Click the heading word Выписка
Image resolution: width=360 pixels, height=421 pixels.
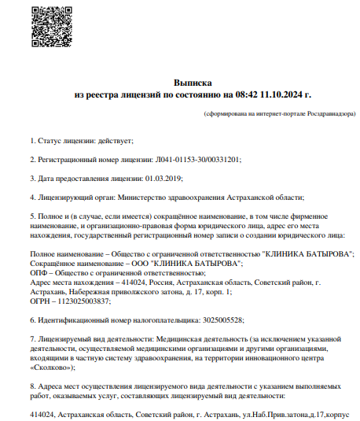(x=193, y=82)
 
